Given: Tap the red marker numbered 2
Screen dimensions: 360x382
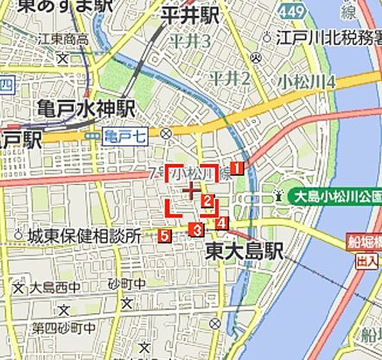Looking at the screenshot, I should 207,202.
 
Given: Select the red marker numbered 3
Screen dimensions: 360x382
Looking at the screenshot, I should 198,230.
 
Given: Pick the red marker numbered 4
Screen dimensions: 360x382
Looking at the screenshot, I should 221,223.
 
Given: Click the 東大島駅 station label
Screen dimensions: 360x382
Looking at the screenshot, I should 244,251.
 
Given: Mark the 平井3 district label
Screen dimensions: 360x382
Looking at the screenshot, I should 189,42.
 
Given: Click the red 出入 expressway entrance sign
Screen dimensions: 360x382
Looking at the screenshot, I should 367,261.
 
